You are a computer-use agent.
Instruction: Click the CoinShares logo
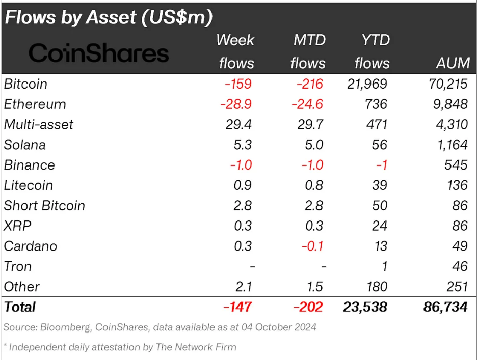tap(98, 52)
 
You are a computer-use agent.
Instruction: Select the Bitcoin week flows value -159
tap(238, 84)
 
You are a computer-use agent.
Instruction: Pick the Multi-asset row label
tap(39, 124)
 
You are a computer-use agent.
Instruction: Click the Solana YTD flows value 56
tap(379, 145)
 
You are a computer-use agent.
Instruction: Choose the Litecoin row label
tap(29, 185)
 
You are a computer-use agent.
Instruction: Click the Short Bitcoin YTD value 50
tap(379, 206)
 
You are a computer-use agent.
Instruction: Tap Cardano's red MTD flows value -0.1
tap(312, 246)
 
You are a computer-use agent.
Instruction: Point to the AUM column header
tap(453, 63)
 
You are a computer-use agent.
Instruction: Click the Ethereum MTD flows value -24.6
tap(307, 104)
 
